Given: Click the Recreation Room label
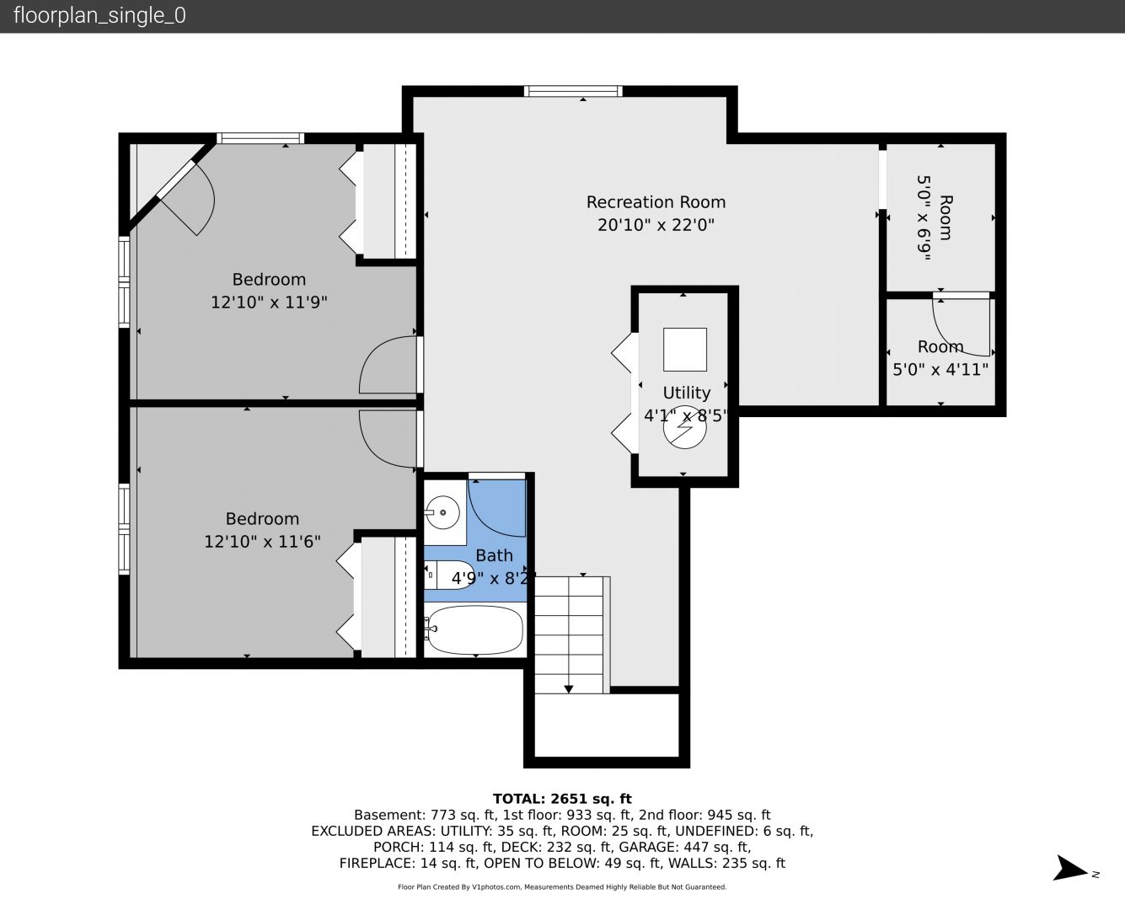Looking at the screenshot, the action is (x=656, y=202).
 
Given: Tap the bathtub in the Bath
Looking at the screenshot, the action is (x=475, y=629).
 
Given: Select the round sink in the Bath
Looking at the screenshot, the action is (x=442, y=512).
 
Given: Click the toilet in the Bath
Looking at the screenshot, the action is (x=449, y=575).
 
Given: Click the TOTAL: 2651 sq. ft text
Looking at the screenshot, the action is (x=562, y=799).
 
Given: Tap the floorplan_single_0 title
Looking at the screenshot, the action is (x=99, y=15).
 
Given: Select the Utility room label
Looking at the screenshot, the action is (x=686, y=393).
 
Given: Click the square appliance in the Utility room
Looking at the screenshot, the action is (x=685, y=350).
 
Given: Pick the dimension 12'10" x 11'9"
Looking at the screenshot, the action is (x=269, y=302).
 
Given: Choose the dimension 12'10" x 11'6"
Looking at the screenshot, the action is (x=263, y=541).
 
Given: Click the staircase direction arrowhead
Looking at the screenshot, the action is (x=568, y=688).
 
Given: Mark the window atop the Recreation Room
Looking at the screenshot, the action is (x=573, y=91).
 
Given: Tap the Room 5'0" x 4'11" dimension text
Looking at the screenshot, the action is (x=940, y=369).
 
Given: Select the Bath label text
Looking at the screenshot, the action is (x=495, y=555).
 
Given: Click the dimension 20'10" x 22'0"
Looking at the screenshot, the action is (x=656, y=225).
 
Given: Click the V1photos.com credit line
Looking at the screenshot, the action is (x=562, y=886).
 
